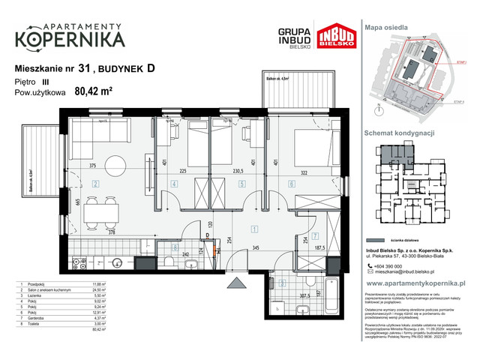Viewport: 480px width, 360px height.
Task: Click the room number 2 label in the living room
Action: point(95,183)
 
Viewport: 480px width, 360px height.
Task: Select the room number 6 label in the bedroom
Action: point(290,183)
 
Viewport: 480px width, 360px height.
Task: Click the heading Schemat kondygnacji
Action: point(400,132)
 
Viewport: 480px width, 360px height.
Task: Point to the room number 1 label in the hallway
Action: point(254,229)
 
